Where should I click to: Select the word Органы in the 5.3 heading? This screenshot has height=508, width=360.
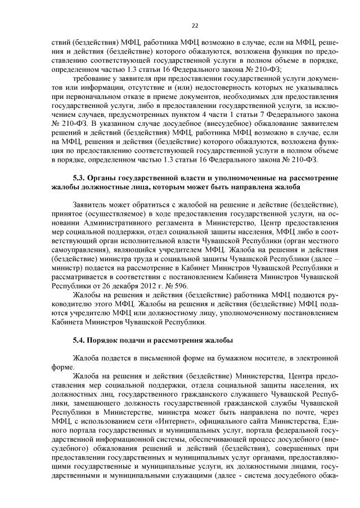pos(106,178)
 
